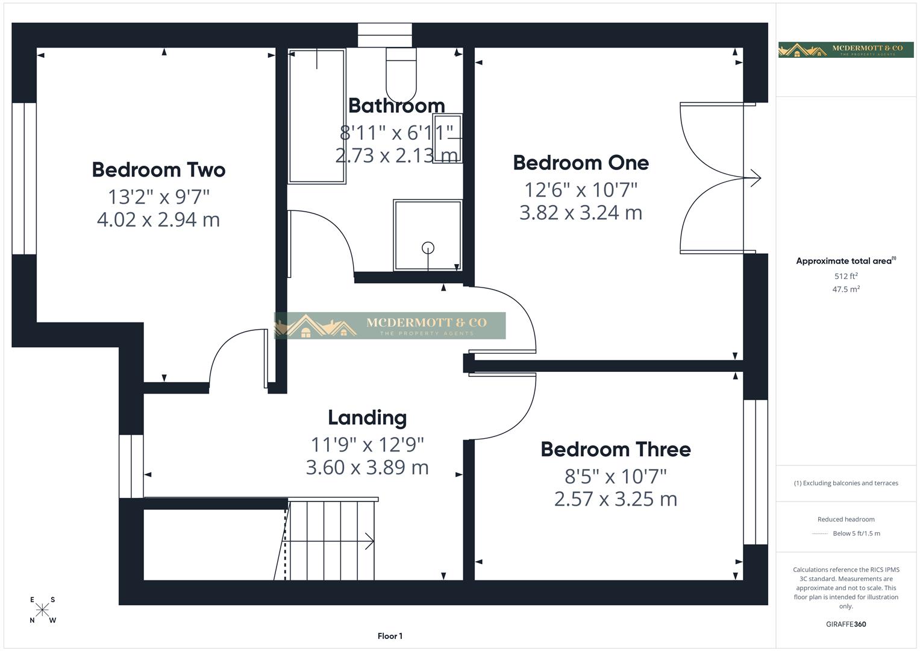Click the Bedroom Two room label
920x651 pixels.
coord(158,170)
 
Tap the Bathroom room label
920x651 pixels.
coord(396,105)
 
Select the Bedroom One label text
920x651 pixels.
coord(581,163)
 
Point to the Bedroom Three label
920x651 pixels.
coord(615,450)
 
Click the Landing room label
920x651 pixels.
coord(367,418)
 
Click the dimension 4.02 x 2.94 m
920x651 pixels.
coord(158,219)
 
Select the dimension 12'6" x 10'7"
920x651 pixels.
coord(581,190)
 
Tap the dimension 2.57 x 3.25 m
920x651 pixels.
coord(615,499)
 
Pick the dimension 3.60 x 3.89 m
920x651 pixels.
coord(367,468)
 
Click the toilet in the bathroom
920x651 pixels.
coord(401,75)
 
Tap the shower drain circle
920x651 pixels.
coord(428,247)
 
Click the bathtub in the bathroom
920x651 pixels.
coord(317,116)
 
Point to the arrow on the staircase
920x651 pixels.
coord(368,541)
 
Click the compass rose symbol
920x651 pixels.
coord(42,610)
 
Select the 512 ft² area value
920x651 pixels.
coord(846,276)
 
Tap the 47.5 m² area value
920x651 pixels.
coord(846,289)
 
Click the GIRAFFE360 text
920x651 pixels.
coord(846,624)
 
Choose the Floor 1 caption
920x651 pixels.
coord(390,636)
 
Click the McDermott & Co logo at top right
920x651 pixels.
coord(846,49)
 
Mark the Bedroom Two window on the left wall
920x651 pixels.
coord(24,178)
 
